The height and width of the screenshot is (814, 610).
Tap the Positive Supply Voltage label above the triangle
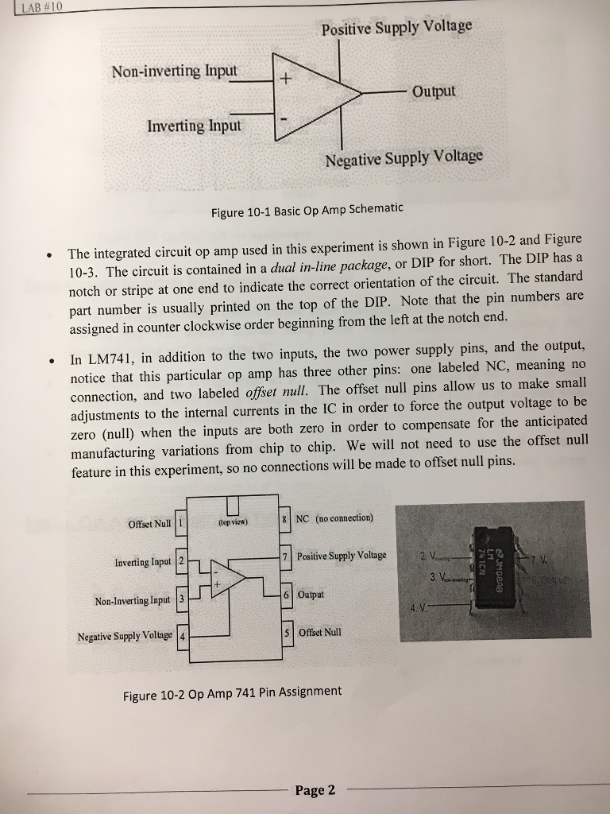pos(396,28)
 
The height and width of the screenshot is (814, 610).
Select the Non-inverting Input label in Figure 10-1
pos(174,71)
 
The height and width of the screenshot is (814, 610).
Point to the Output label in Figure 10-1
pos(434,91)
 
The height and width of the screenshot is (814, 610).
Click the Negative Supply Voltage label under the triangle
pos(403,157)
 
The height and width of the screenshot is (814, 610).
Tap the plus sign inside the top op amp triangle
pos(288,79)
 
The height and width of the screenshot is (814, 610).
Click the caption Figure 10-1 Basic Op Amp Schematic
pos(307,210)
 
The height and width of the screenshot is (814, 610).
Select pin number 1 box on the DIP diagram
pos(181,523)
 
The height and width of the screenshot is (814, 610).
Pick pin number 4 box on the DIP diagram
pos(182,638)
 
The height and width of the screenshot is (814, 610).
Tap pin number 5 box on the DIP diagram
pos(286,633)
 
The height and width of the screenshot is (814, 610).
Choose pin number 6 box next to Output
pos(286,595)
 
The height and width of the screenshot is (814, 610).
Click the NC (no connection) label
pos(334,518)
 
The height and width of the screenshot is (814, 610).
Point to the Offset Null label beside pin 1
pos(149,523)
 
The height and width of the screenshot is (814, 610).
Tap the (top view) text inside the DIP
pos(232,522)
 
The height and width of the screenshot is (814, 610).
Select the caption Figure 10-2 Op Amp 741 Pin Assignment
pos(232,692)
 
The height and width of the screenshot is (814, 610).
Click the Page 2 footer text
pos(315,789)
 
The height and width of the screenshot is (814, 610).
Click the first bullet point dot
pos(49,255)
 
